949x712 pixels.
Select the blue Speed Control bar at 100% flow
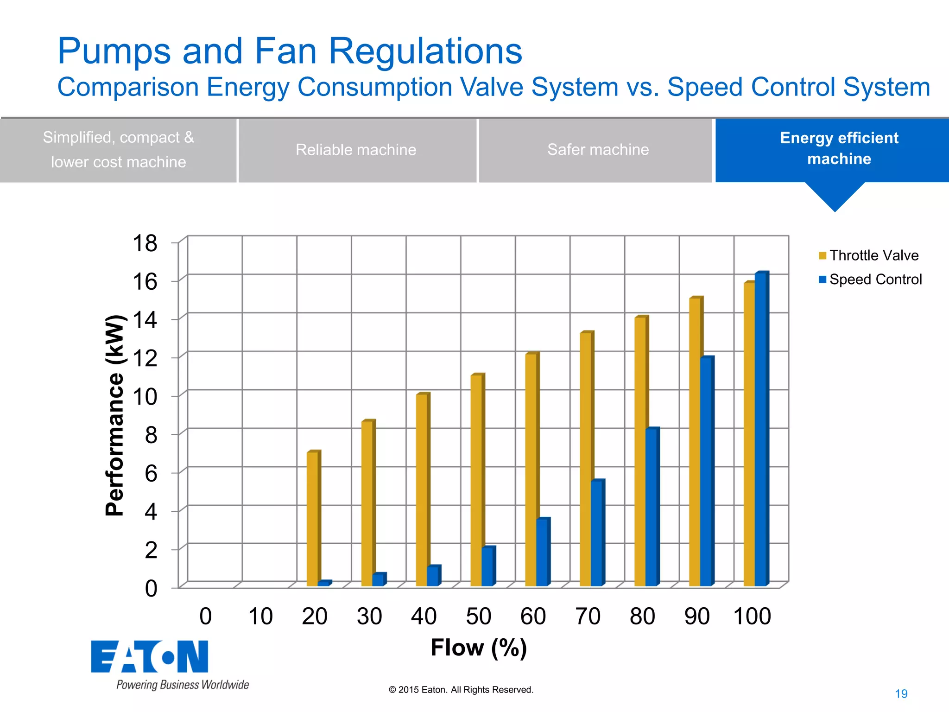[x=761, y=429]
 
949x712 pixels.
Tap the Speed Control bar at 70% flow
[x=597, y=533]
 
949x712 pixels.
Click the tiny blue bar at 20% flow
[x=323, y=583]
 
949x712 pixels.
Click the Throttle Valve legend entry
[x=868, y=255]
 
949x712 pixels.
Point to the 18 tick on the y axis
[x=145, y=243]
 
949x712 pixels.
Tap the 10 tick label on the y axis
[x=145, y=397]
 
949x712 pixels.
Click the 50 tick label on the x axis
[x=478, y=617]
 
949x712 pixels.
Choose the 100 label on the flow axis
[x=752, y=617]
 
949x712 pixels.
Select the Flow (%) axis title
[x=478, y=648]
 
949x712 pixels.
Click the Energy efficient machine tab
[x=839, y=149]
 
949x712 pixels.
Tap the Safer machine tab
[x=598, y=150]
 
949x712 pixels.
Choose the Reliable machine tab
[x=356, y=150]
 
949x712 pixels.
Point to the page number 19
[x=901, y=694]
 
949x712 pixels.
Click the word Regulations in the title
[x=425, y=51]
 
